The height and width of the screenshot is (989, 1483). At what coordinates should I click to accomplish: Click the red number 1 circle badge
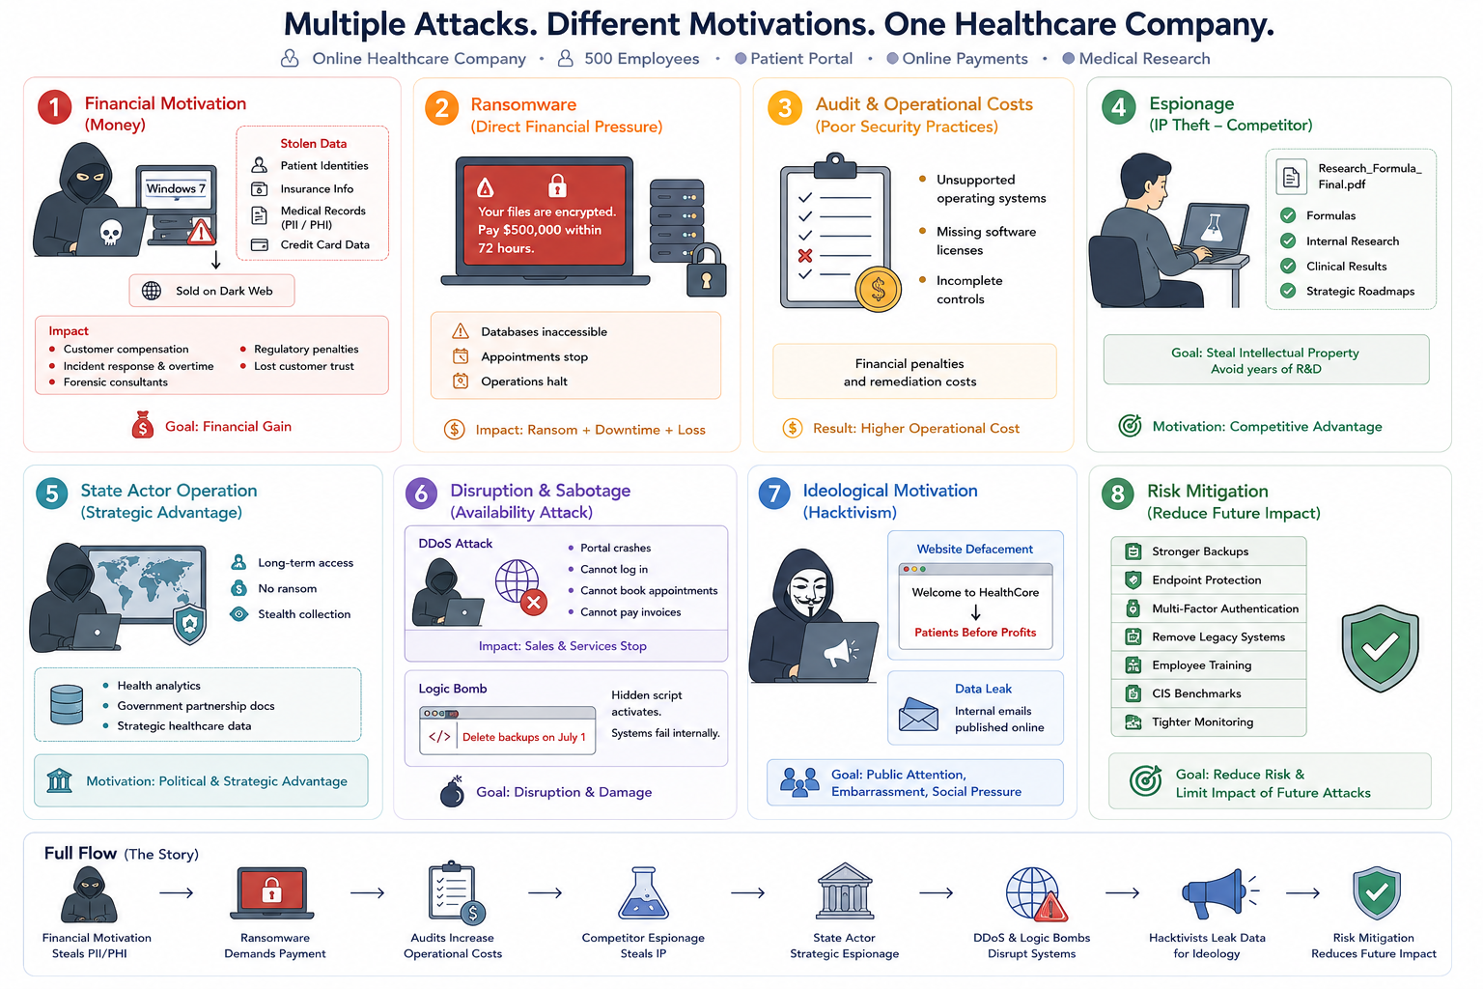pos(54,107)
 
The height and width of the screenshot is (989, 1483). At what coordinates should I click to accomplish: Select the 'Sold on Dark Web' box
pos(211,291)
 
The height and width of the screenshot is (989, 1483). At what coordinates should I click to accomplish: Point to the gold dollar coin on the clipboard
pos(878,290)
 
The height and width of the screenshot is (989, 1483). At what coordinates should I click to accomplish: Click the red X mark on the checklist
pos(805,255)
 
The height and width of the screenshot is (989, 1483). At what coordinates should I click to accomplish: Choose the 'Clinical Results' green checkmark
pos(1288,267)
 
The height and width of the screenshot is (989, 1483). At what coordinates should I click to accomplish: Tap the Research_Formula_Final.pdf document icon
pos(1291,177)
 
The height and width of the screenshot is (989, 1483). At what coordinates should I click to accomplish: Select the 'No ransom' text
pos(288,588)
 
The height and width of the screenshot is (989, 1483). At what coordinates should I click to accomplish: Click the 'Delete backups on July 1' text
pos(523,737)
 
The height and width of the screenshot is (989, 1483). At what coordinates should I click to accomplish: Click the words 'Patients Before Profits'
pos(975,633)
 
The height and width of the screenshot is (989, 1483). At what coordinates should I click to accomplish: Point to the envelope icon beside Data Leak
pos(918,715)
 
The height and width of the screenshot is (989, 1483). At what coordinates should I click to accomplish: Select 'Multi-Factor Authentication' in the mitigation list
pos(1225,608)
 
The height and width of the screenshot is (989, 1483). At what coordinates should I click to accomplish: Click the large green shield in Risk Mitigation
pos(1380,648)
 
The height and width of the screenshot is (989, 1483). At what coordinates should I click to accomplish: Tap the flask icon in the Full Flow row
pos(643,893)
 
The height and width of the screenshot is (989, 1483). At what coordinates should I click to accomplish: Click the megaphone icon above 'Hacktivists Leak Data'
pos(1218,893)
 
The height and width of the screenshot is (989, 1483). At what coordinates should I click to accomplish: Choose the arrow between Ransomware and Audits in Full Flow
pos(368,893)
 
